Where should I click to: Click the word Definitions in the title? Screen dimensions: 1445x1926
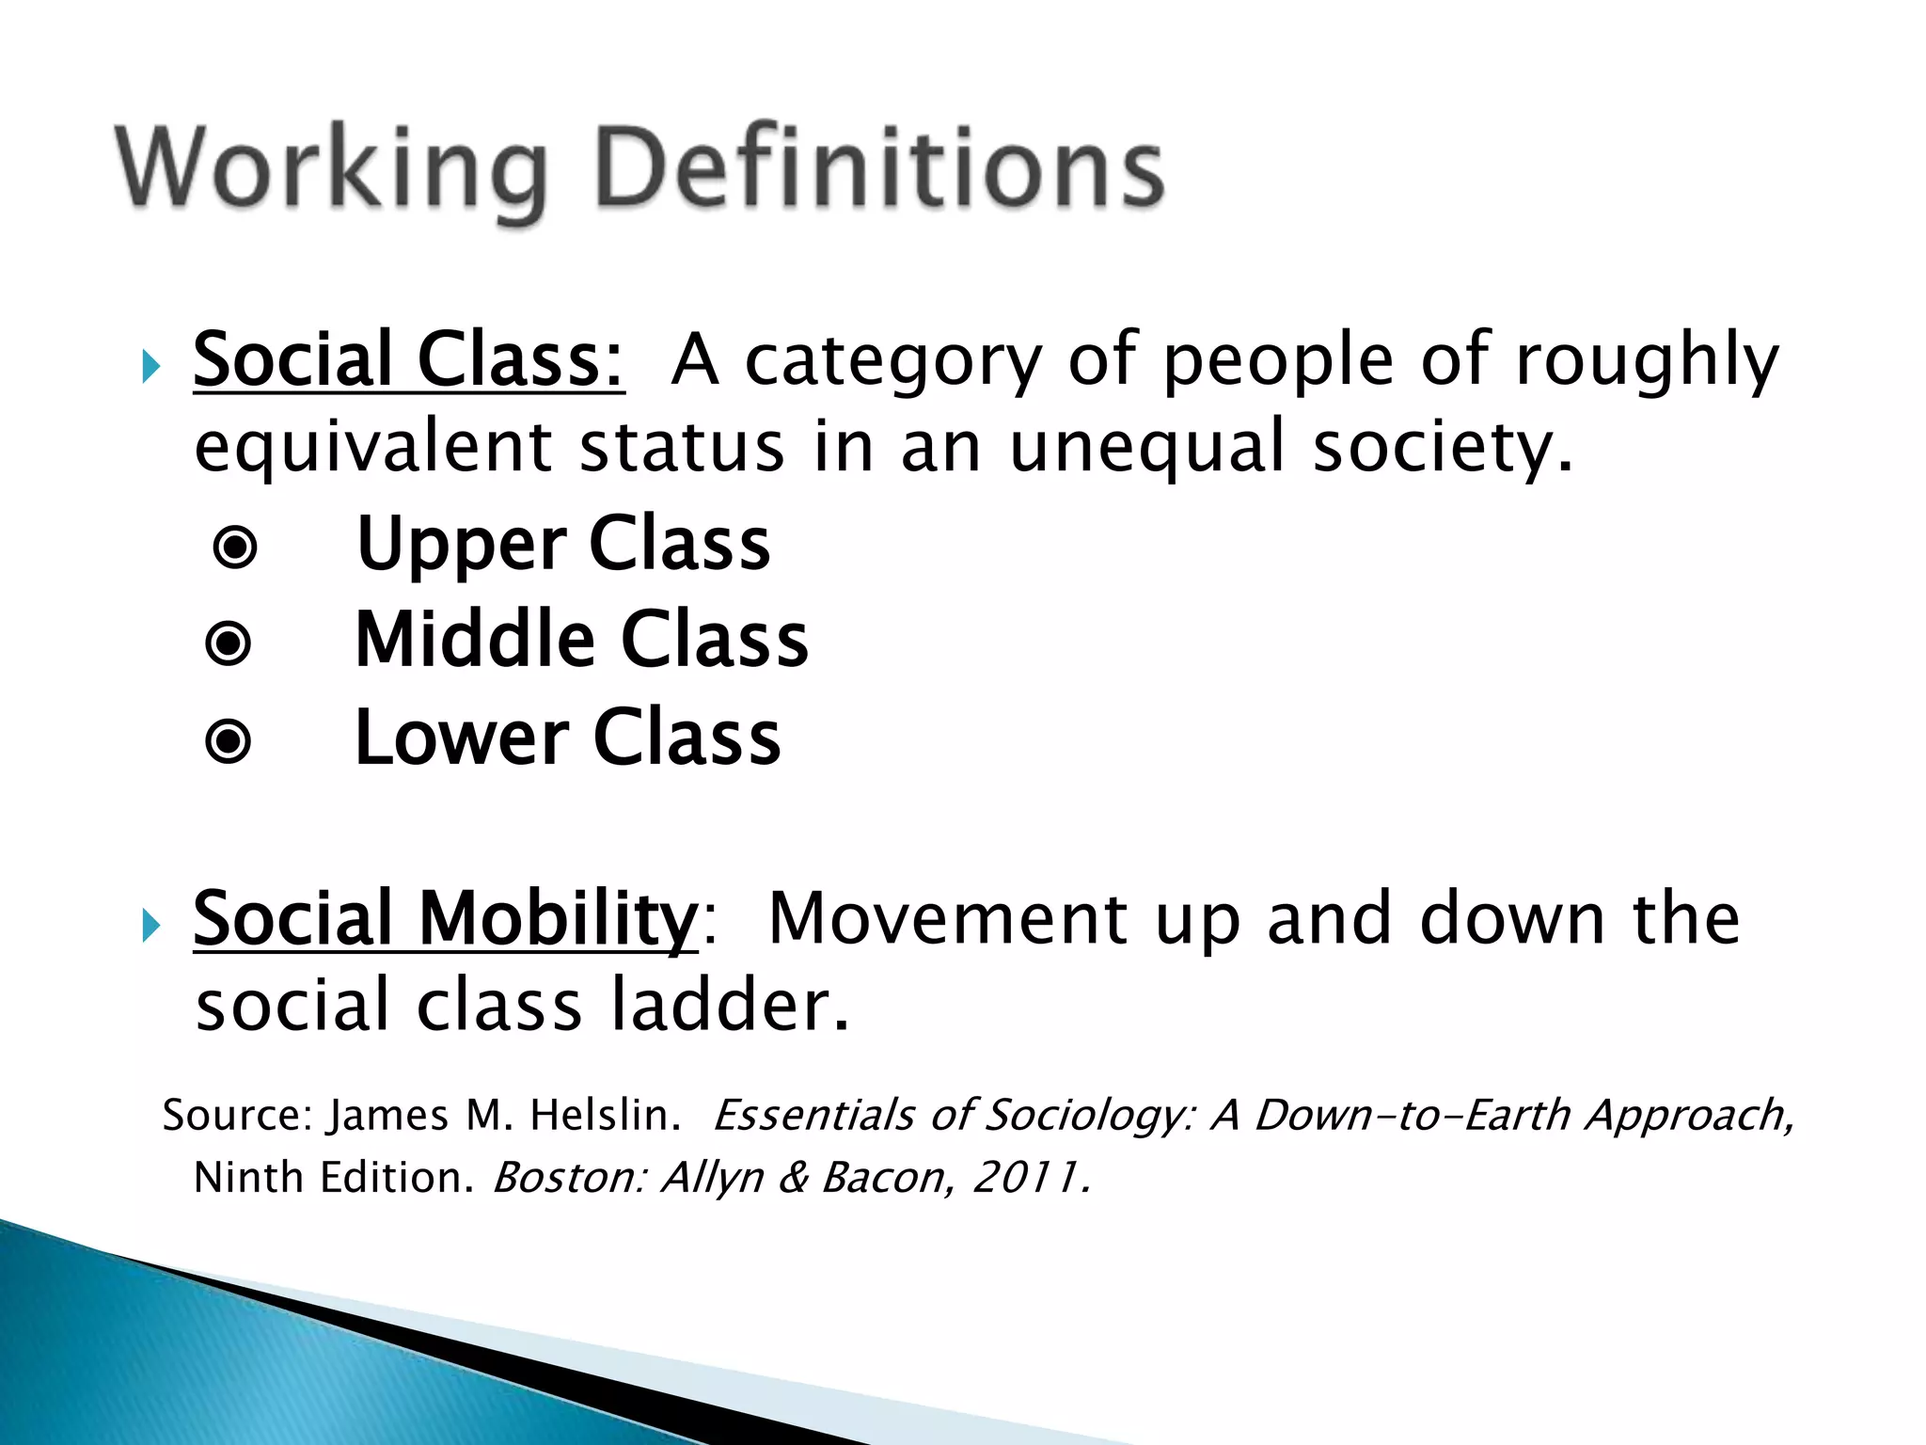(880, 169)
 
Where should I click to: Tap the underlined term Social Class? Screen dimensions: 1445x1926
(408, 359)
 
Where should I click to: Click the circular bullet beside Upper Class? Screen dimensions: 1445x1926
(235, 547)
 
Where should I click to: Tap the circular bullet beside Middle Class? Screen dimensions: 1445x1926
(229, 644)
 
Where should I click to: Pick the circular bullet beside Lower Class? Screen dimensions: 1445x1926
(229, 741)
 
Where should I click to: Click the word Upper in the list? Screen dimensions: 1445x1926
(461, 546)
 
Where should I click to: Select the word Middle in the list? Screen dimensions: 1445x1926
(475, 641)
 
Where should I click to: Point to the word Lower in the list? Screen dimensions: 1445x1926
(462, 738)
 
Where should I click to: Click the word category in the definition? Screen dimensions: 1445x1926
(893, 361)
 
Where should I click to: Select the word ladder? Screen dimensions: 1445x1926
(729, 1006)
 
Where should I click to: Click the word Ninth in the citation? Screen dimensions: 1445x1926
(246, 1177)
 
